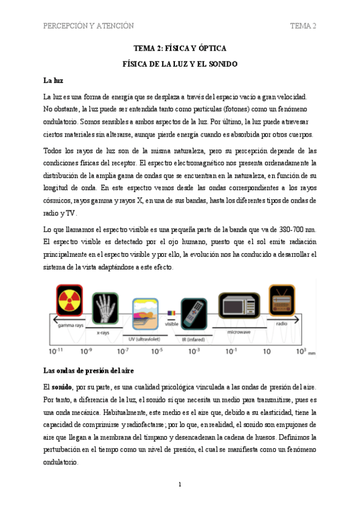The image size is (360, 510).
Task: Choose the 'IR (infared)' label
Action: [x=194, y=339]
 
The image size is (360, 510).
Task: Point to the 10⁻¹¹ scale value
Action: [x=56, y=351]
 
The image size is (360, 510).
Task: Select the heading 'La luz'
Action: [x=54, y=80]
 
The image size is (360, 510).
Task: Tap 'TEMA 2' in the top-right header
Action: [x=303, y=26]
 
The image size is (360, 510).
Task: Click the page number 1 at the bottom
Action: [x=180, y=484]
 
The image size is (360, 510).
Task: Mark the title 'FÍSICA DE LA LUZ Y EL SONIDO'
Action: [x=180, y=64]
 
